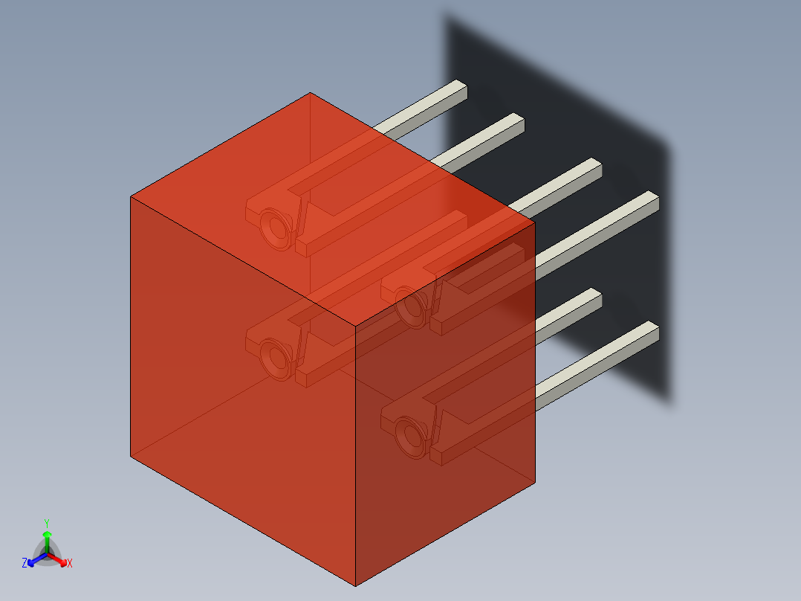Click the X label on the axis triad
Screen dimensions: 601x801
coord(70,564)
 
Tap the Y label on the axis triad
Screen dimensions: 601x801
coord(46,523)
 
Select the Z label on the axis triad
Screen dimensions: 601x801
coord(25,564)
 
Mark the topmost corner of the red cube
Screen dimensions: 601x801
coord(310,93)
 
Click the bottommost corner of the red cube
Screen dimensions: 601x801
coord(356,585)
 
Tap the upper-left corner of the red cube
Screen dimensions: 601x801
coord(131,196)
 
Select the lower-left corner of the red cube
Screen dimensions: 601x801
coord(131,456)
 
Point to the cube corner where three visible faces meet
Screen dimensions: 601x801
coord(356,326)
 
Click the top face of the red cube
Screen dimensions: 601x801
coord(327,201)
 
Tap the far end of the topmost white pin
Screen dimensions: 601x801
coord(461,89)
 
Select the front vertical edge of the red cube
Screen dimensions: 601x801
coord(356,454)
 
